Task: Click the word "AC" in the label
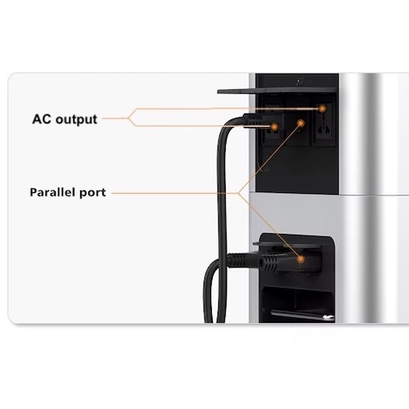point(41,119)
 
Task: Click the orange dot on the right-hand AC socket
point(322,109)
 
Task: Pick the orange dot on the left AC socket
point(274,127)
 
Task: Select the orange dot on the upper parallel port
point(301,124)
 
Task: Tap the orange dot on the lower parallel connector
point(300,259)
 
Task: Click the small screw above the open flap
point(299,81)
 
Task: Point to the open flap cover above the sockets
point(276,91)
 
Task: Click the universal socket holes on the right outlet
point(323,127)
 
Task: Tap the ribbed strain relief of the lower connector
point(268,263)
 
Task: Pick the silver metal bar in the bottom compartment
point(303,315)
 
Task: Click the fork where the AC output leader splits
point(128,118)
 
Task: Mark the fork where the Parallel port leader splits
point(238,193)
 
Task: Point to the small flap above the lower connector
point(288,245)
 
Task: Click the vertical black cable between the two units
point(222,218)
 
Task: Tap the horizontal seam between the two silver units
point(329,194)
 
